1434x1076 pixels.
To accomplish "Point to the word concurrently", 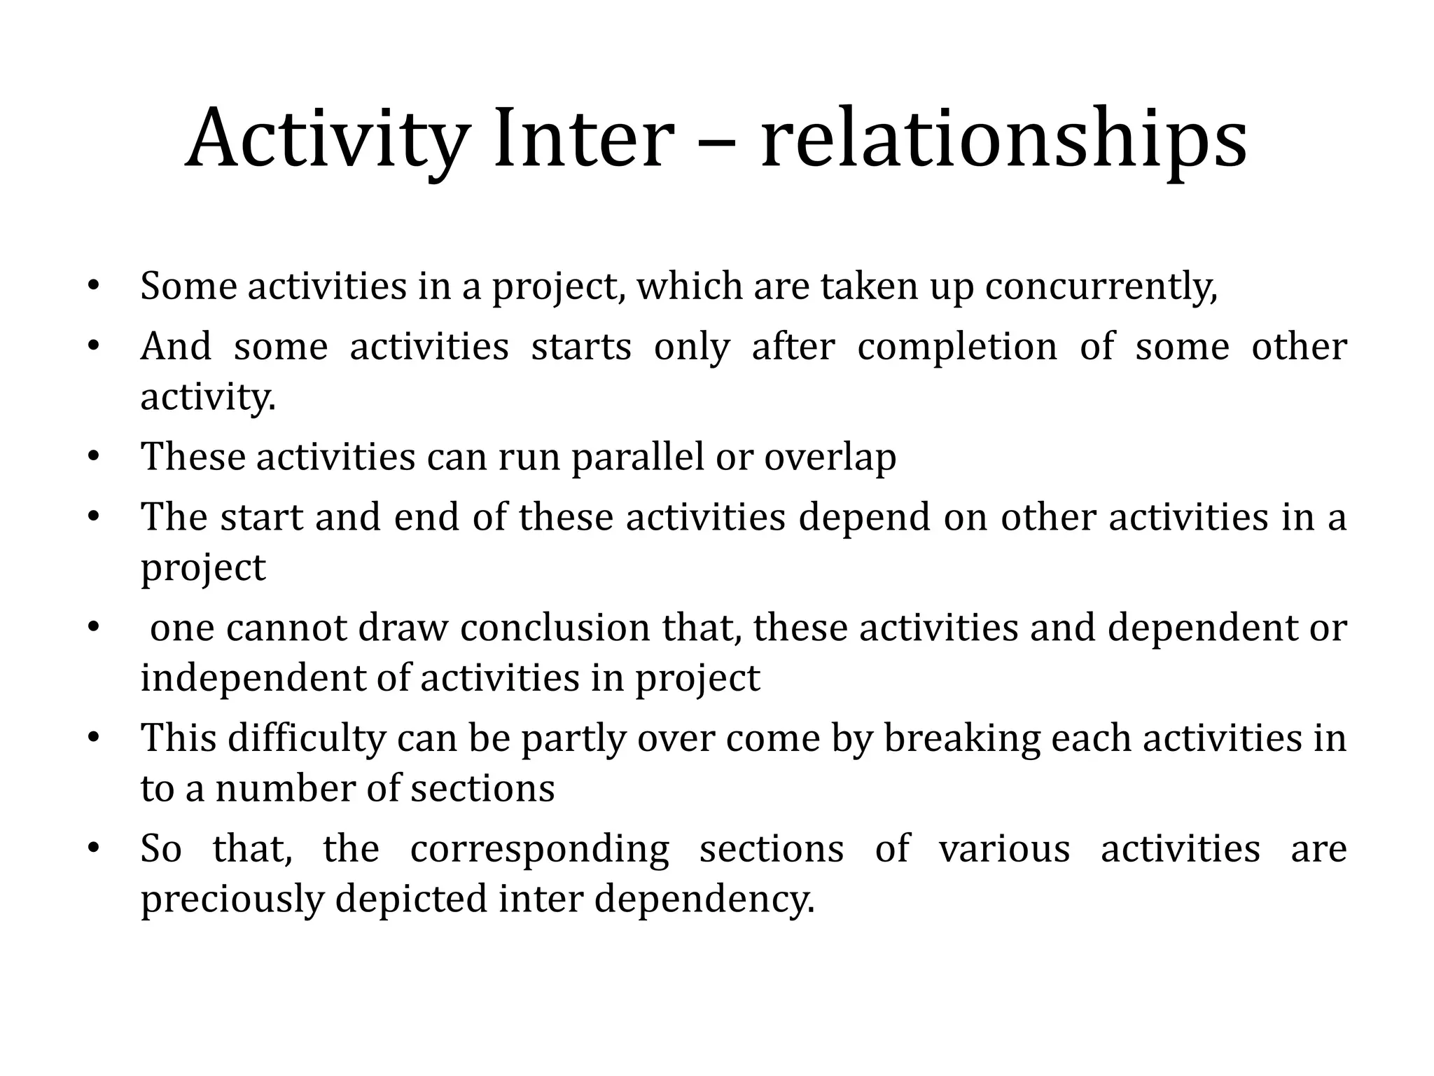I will (x=1101, y=287).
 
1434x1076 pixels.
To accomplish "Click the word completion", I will (x=957, y=347).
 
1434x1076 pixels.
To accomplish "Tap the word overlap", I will (x=830, y=457).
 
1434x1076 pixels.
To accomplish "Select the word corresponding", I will (x=539, y=849).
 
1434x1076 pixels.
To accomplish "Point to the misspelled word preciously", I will (x=232, y=899).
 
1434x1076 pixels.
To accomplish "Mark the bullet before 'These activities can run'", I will (x=94, y=457).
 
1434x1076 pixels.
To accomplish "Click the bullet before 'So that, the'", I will (x=94, y=848).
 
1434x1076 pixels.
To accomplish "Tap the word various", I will (x=1004, y=849).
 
